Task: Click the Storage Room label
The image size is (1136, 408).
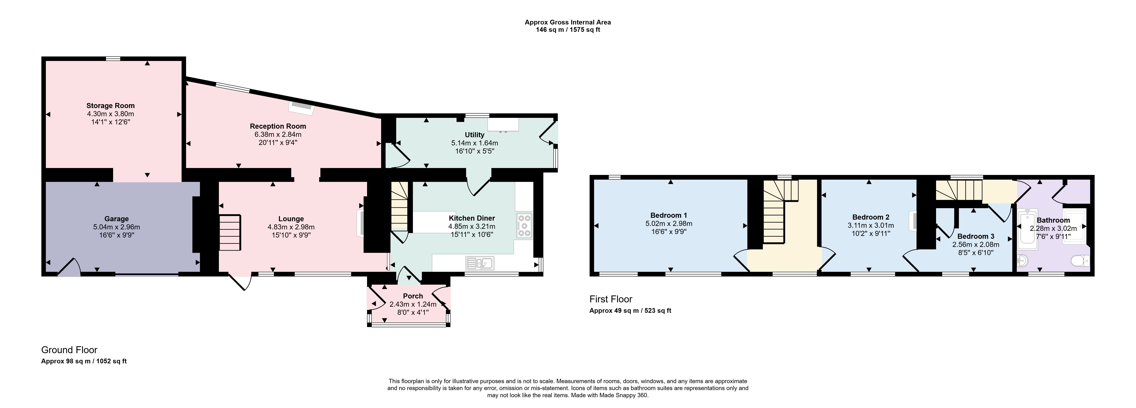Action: [x=110, y=106]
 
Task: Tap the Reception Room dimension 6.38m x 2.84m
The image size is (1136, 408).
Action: [x=278, y=135]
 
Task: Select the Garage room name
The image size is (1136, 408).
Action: [x=116, y=219]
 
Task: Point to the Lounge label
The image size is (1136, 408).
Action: [x=291, y=219]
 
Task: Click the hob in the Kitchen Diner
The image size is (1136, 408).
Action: [x=524, y=226]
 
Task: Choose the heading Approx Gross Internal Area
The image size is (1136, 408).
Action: [x=568, y=22]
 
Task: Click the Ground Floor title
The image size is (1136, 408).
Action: [x=69, y=350]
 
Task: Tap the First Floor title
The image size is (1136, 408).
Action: [x=611, y=299]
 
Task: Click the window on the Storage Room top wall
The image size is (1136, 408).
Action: [x=113, y=58]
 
